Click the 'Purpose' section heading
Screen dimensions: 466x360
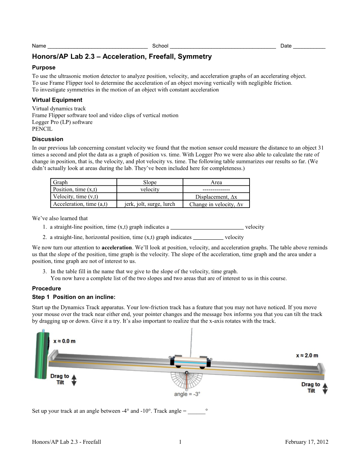tap(44, 67)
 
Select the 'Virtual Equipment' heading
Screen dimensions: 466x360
tap(57, 100)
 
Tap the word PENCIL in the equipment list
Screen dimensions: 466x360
tap(42, 129)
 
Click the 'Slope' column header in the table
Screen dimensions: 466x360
tap(150, 182)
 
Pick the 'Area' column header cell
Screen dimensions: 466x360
tap(216, 182)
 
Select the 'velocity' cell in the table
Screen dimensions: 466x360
tap(150, 190)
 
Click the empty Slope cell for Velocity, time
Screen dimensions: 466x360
tap(150, 197)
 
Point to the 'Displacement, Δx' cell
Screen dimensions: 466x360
tap(216, 197)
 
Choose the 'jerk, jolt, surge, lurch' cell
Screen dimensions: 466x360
tap(150, 204)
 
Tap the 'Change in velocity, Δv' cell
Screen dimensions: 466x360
tap(216, 204)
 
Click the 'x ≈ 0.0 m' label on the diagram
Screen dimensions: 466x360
tap(64, 341)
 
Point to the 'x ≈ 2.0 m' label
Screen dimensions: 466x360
tap(307, 356)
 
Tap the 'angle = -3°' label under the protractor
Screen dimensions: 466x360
tap(187, 394)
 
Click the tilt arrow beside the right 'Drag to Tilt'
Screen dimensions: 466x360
tap(325, 388)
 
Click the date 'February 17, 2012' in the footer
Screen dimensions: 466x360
tap(306, 442)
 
